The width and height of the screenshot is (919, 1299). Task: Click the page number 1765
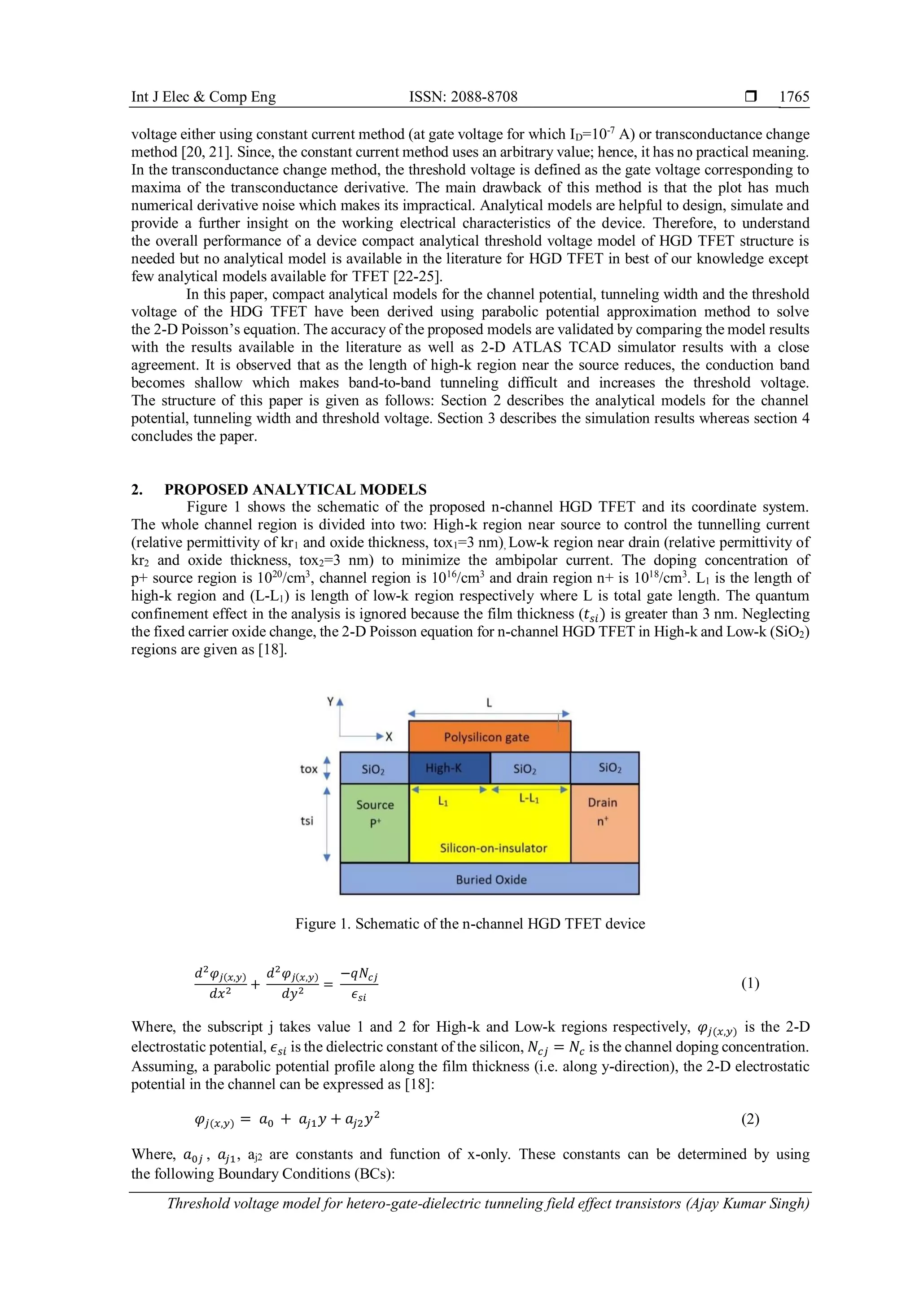click(x=794, y=97)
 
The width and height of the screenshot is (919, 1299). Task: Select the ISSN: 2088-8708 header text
click(x=463, y=97)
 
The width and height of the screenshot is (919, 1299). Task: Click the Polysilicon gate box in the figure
click(x=490, y=737)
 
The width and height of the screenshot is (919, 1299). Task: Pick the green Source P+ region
click(x=374, y=823)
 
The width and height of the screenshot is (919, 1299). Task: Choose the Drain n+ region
click(x=604, y=823)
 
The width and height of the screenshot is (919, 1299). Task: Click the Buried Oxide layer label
click(x=491, y=879)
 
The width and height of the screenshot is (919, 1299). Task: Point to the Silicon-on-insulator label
click(x=494, y=847)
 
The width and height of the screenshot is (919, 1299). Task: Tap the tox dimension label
click(x=308, y=769)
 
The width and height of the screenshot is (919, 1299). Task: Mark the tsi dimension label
click(x=307, y=820)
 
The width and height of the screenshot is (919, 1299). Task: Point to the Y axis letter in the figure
click(x=330, y=702)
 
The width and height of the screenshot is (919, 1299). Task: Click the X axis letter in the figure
click(x=389, y=737)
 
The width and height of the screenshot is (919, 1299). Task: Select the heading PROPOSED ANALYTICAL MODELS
click(x=295, y=489)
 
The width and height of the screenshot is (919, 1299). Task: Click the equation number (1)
click(x=750, y=983)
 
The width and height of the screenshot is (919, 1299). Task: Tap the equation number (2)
click(x=750, y=1119)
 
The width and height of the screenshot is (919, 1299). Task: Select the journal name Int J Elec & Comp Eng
click(x=203, y=97)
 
